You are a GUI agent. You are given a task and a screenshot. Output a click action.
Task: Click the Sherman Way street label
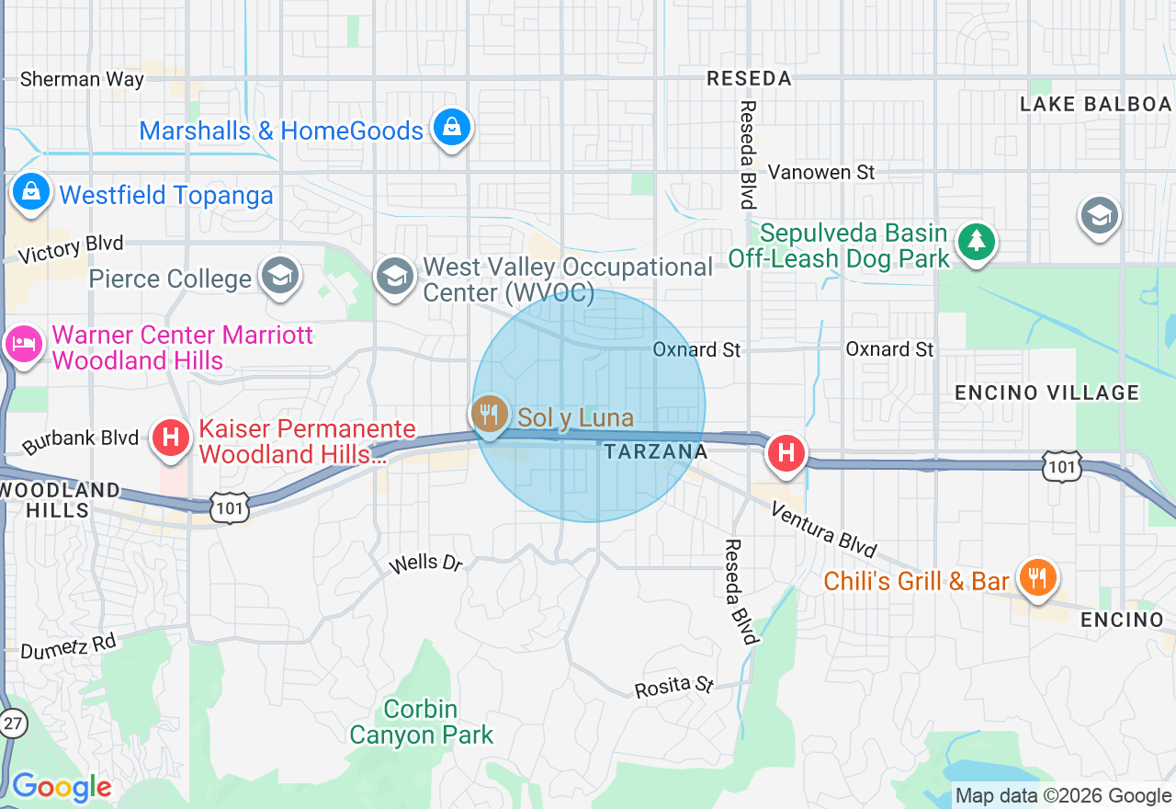click(x=82, y=79)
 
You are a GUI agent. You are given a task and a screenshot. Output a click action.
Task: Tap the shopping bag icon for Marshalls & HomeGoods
click(x=452, y=129)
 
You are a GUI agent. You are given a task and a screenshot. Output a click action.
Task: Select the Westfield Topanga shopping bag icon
click(x=31, y=193)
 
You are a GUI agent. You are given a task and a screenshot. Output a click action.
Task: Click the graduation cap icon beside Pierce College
click(x=280, y=276)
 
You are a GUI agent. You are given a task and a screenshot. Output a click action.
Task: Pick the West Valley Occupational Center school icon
click(x=395, y=276)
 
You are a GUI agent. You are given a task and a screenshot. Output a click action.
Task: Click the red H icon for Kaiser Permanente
click(x=170, y=438)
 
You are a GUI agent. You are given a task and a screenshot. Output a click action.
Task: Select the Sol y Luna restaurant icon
click(x=491, y=415)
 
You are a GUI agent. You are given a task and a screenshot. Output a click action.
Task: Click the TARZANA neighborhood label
click(x=656, y=451)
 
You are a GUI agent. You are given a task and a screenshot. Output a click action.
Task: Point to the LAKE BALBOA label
click(x=1095, y=104)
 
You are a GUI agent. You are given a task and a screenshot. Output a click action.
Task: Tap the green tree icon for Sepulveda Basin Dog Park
click(x=976, y=243)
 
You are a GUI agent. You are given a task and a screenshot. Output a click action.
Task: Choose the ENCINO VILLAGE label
click(x=1046, y=393)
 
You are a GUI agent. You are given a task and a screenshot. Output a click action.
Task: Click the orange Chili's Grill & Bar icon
click(x=1037, y=578)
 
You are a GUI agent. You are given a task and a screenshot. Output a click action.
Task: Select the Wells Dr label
click(x=425, y=563)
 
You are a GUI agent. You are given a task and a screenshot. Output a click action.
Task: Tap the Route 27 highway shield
click(x=12, y=722)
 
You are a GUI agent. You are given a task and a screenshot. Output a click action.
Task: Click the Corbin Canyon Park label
click(x=421, y=722)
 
